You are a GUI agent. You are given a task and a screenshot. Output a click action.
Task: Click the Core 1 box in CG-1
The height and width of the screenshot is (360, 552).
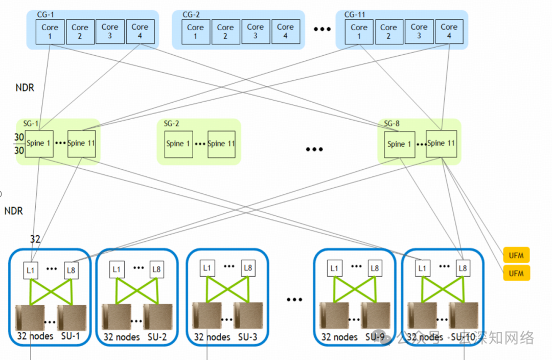click(x=50, y=32)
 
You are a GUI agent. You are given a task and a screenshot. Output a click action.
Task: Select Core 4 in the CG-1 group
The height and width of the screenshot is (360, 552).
click(x=140, y=32)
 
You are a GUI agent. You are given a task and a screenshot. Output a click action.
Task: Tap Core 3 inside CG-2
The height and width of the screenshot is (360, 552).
click(x=255, y=32)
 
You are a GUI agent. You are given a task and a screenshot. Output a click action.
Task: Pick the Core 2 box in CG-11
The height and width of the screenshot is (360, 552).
click(x=388, y=32)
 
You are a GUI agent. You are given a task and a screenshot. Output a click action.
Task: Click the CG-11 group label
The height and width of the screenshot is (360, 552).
click(x=356, y=15)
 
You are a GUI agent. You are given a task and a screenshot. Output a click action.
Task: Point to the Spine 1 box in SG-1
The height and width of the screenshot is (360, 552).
click(x=39, y=144)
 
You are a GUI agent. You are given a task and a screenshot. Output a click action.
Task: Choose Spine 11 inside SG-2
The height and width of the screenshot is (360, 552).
click(x=221, y=144)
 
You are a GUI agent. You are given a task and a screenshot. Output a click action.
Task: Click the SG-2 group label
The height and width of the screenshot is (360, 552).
click(x=171, y=124)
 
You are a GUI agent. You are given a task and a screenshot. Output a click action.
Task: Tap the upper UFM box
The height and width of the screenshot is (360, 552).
click(x=516, y=255)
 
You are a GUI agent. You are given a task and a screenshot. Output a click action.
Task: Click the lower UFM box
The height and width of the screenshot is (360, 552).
click(x=516, y=273)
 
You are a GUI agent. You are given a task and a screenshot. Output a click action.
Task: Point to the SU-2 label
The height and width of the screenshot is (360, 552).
click(x=157, y=337)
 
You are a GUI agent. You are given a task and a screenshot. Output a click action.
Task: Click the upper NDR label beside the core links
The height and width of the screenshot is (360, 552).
click(x=25, y=88)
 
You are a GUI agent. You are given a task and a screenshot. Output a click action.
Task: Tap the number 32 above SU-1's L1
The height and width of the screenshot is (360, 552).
click(x=35, y=239)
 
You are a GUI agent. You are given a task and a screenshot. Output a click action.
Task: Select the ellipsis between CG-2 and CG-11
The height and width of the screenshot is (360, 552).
click(x=322, y=29)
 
